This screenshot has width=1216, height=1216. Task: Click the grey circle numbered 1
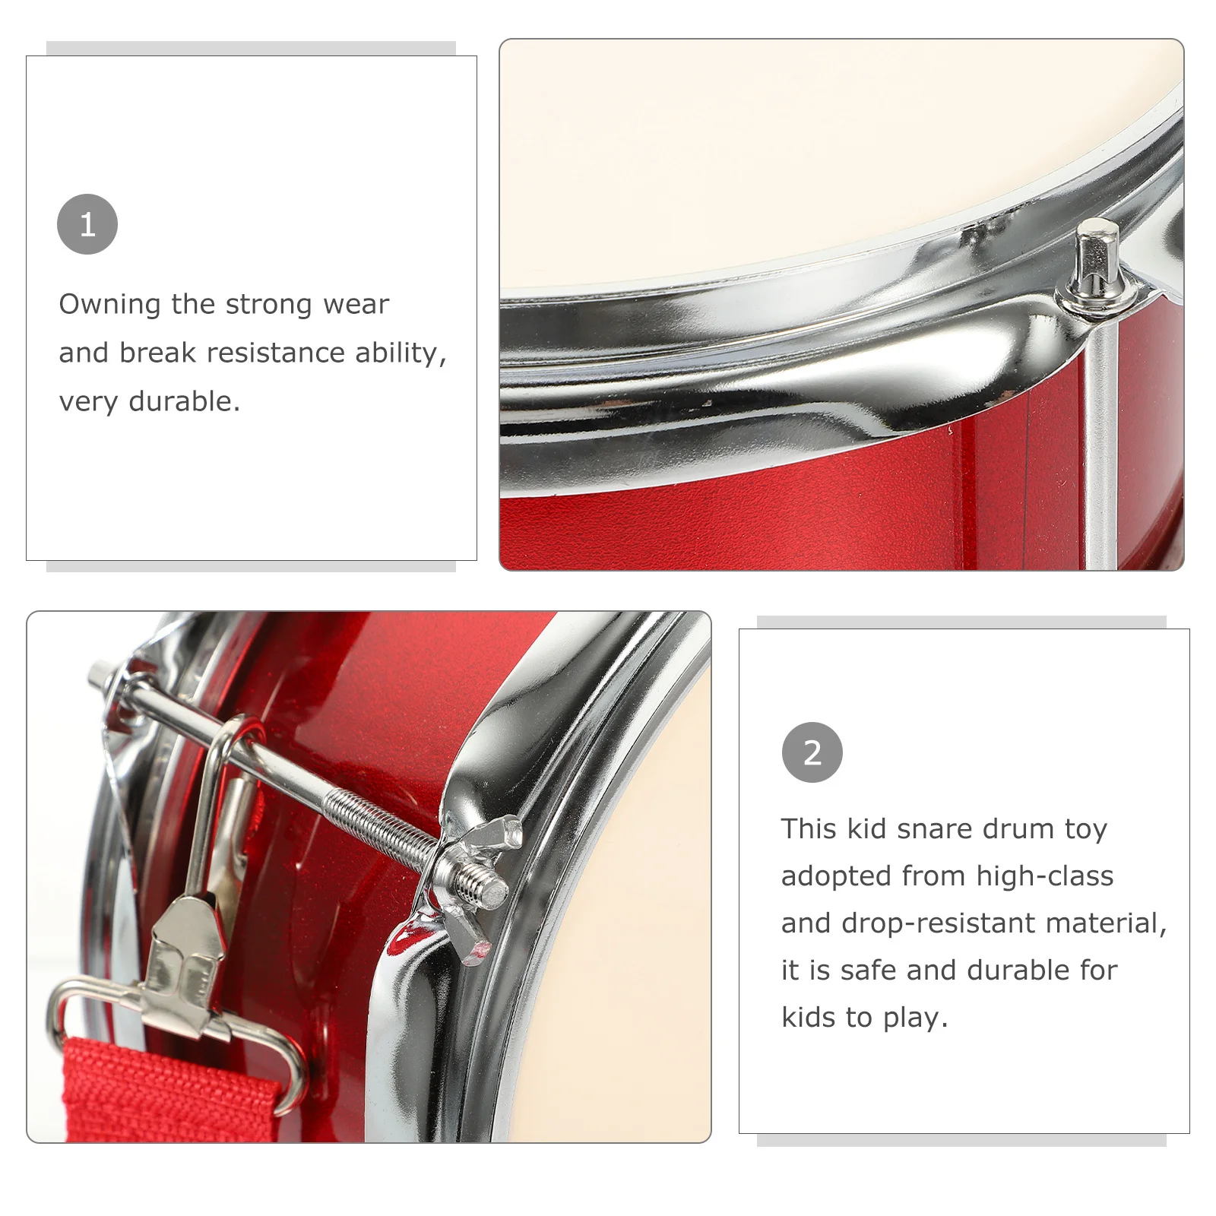coord(87,224)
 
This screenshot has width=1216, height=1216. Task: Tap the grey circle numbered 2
coord(812,752)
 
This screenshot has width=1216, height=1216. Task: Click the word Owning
coord(109,305)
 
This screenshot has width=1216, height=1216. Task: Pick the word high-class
coord(1044,876)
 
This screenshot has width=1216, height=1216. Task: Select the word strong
coord(269,305)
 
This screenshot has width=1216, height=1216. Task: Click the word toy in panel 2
coord(1085,828)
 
